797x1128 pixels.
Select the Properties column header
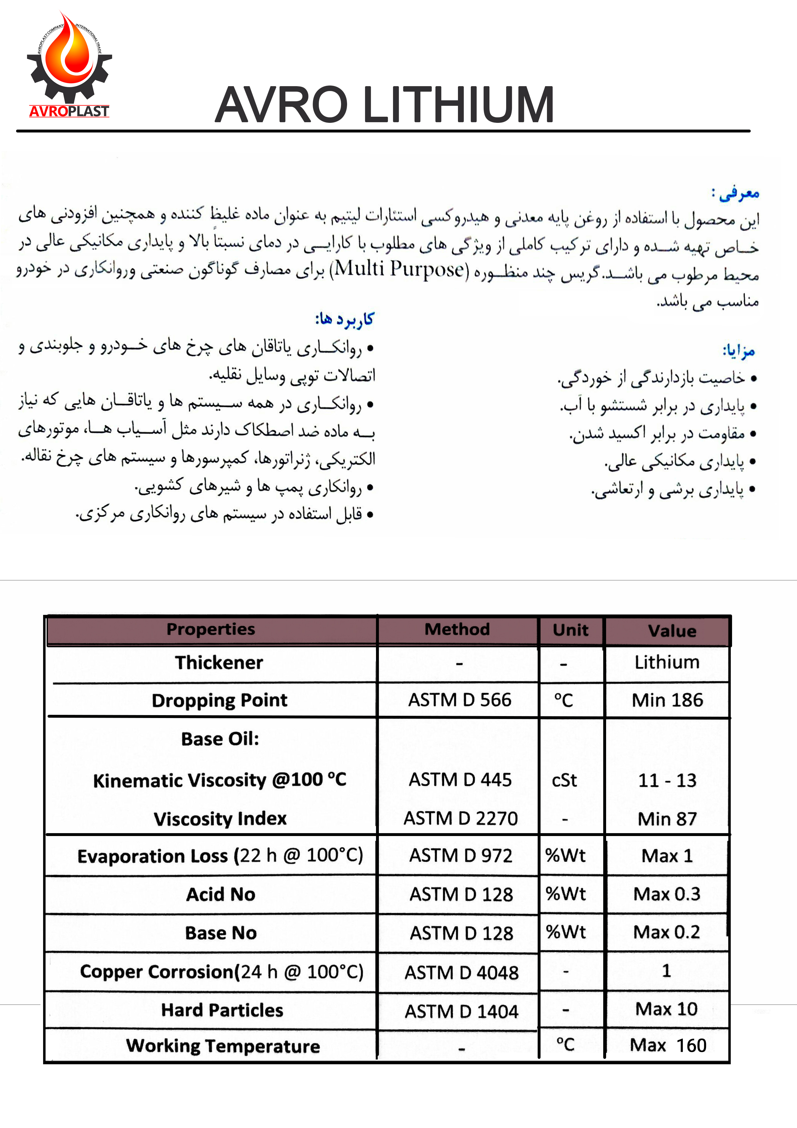point(211,629)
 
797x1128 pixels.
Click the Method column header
point(457,629)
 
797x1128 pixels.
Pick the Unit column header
point(571,630)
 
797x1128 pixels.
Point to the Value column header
point(672,631)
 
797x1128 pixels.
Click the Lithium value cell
point(667,662)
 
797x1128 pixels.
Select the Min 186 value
point(667,700)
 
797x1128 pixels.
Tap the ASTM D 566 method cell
point(460,700)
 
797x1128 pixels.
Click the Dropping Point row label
point(219,700)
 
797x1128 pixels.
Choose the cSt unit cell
point(564,780)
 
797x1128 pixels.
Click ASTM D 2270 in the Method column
point(461,818)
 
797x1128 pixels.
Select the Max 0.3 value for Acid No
point(667,894)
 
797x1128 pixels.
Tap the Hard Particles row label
point(222,1010)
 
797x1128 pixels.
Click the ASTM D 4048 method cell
point(461,972)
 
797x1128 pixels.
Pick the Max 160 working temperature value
point(668,1045)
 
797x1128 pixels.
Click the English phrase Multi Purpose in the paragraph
point(399,269)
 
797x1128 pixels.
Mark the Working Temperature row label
point(223,1046)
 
